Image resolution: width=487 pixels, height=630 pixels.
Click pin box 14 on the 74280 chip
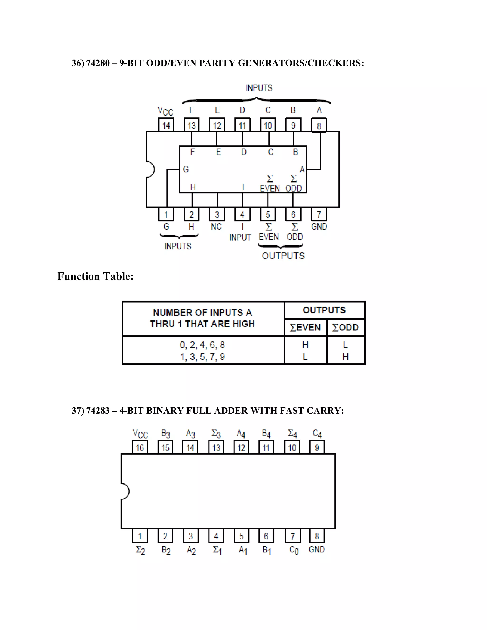pos(166,126)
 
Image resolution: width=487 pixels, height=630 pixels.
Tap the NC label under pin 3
pos(216,227)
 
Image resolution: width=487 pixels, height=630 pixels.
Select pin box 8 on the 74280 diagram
pos(319,126)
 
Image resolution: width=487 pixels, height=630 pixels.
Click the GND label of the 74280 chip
pos(319,227)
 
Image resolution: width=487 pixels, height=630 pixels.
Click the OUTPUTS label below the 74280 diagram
pos(283,256)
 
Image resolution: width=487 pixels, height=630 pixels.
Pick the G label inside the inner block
pos(186,169)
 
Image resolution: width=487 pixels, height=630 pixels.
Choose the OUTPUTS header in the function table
pos(324,310)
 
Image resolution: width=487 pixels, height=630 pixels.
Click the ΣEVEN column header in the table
pos(305,327)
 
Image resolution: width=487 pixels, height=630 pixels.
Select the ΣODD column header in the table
pos(345,327)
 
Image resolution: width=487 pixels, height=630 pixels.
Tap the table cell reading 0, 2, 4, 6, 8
pos(202,345)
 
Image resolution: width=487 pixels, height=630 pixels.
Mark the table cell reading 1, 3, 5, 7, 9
pos(202,357)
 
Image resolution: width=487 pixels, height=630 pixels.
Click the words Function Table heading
pos(96,276)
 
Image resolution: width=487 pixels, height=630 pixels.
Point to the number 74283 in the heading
pos(98,411)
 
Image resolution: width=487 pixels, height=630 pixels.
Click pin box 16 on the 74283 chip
pos(140,448)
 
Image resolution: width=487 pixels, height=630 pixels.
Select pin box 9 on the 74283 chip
pos(317,448)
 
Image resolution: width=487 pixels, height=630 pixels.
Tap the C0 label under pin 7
pos(294,550)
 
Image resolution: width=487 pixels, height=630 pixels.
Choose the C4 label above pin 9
pos(317,433)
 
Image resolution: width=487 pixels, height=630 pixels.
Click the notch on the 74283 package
pos(125,491)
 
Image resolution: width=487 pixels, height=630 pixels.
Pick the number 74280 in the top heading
pos(98,63)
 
